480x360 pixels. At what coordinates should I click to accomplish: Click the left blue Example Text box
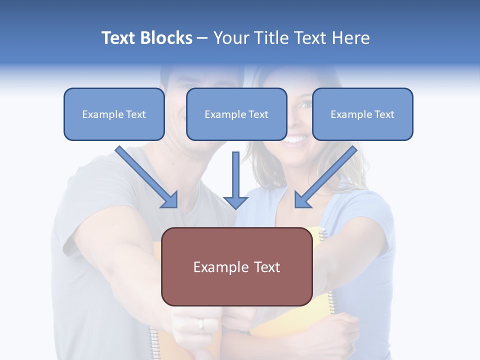pos(114,114)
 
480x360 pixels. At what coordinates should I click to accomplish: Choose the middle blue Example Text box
pos(236,114)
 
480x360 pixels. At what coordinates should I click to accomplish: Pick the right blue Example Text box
pos(362,114)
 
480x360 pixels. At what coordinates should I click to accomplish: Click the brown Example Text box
pos(236,266)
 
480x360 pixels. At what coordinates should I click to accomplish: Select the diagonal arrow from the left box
pos(147,177)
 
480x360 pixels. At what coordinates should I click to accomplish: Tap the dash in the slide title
pos(202,38)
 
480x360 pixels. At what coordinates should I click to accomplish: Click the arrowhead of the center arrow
pos(236,202)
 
